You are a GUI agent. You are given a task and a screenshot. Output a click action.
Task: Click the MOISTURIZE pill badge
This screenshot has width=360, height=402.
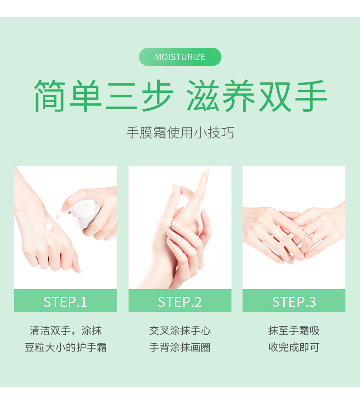180,57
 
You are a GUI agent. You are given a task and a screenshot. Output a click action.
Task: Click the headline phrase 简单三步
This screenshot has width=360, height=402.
103,96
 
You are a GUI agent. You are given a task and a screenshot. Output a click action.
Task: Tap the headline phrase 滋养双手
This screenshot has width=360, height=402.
257,96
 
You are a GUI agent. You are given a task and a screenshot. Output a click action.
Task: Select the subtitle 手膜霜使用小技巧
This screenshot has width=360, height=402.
180,133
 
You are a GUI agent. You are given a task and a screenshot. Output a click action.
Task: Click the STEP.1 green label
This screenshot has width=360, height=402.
65,301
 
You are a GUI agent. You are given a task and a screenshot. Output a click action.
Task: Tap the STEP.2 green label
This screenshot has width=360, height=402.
180,301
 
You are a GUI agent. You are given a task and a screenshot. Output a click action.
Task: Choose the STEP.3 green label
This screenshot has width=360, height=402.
294,301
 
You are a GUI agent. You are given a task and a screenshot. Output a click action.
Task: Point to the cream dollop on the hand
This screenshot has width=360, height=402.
48,227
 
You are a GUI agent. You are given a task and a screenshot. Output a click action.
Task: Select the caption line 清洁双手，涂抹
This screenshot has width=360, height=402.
65,330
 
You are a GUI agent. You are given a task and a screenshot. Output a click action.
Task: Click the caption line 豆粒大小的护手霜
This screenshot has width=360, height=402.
65,348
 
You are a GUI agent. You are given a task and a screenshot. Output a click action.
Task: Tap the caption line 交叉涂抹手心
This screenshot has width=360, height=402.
180,330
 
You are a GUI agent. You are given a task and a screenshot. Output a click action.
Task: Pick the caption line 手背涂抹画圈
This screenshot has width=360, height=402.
180,348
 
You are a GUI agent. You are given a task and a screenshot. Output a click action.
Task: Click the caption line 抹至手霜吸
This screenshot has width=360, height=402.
294,330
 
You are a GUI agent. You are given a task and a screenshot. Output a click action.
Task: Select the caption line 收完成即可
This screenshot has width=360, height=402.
294,348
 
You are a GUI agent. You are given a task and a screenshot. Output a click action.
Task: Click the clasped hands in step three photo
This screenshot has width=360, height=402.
294,232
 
